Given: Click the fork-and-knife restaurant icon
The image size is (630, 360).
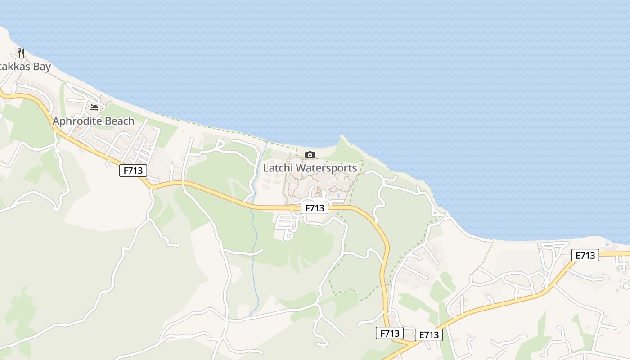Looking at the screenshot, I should coord(21,53).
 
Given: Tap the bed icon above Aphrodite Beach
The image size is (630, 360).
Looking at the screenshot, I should coord(94,107).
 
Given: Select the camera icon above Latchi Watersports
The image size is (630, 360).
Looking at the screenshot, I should coord(310,155).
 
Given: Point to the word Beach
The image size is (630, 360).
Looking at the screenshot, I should coord(119,121).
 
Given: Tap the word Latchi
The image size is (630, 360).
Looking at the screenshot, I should coord(276,168).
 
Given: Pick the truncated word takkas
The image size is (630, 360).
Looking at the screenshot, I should coord(13,67).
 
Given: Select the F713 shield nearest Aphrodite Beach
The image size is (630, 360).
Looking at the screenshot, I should coord(133,171).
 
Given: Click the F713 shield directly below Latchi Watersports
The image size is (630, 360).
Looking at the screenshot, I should coord(315,208).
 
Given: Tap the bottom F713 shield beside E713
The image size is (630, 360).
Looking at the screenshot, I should coord(389,333).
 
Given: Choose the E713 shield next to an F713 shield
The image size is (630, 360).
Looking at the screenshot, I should coord(429,335).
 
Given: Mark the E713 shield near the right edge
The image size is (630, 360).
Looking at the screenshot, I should coord(585,256).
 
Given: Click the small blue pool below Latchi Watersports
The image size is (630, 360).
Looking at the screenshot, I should coord(338,195).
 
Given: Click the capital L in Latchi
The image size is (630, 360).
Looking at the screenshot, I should coord(265,168).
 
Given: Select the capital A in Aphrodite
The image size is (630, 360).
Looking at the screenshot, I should coord(56,121).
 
